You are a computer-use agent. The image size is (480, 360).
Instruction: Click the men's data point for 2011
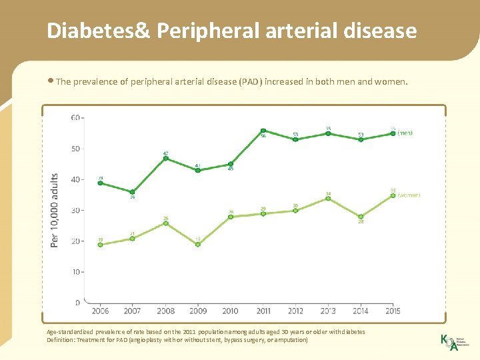click(263, 131)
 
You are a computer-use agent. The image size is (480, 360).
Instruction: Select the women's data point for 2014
click(361, 217)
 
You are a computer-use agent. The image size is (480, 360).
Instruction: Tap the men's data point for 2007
click(133, 192)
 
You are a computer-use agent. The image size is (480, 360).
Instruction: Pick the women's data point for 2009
click(198, 244)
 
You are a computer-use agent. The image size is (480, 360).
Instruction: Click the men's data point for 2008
click(165, 159)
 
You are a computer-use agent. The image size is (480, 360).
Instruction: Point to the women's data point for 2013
click(328, 198)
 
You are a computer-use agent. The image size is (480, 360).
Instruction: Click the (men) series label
click(405, 133)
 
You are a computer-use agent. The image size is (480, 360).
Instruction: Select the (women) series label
click(409, 195)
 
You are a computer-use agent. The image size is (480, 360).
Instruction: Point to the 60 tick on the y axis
click(75, 118)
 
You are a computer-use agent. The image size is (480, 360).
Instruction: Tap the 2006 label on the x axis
click(100, 311)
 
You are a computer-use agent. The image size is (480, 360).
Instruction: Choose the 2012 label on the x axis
click(295, 311)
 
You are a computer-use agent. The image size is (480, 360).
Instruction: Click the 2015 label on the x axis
click(393, 311)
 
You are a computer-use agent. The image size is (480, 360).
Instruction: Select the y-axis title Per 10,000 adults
click(55, 210)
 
